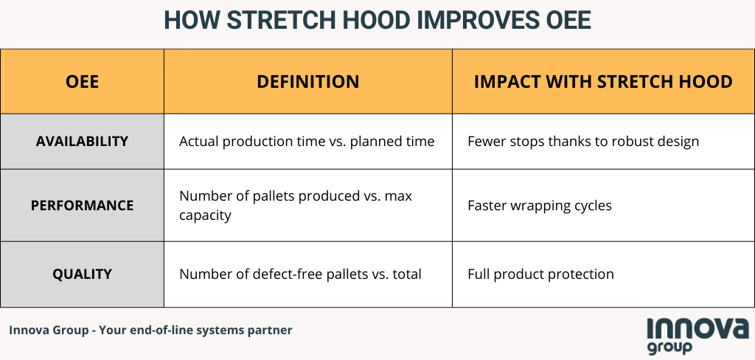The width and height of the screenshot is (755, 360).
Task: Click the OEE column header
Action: tap(82, 81)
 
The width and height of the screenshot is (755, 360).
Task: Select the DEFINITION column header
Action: tap(307, 81)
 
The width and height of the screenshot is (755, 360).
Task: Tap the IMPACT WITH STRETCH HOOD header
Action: tap(603, 81)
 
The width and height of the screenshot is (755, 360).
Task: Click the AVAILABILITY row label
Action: tap(82, 141)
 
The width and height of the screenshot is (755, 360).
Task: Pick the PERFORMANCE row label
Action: tap(82, 205)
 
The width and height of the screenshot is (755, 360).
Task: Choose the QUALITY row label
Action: tap(82, 274)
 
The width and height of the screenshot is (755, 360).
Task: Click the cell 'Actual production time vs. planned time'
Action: tap(307, 142)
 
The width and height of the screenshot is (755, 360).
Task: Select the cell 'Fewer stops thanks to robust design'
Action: tap(583, 142)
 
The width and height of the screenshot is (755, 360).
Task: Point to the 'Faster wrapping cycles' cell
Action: tap(539, 206)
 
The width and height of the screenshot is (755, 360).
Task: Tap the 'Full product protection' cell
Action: tap(540, 274)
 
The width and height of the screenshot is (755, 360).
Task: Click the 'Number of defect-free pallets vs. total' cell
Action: tap(300, 274)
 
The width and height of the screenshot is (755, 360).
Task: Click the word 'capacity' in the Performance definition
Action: tap(205, 215)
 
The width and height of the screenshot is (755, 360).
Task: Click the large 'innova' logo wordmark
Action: tap(697, 328)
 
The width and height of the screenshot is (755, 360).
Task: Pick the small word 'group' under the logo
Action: tap(669, 347)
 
